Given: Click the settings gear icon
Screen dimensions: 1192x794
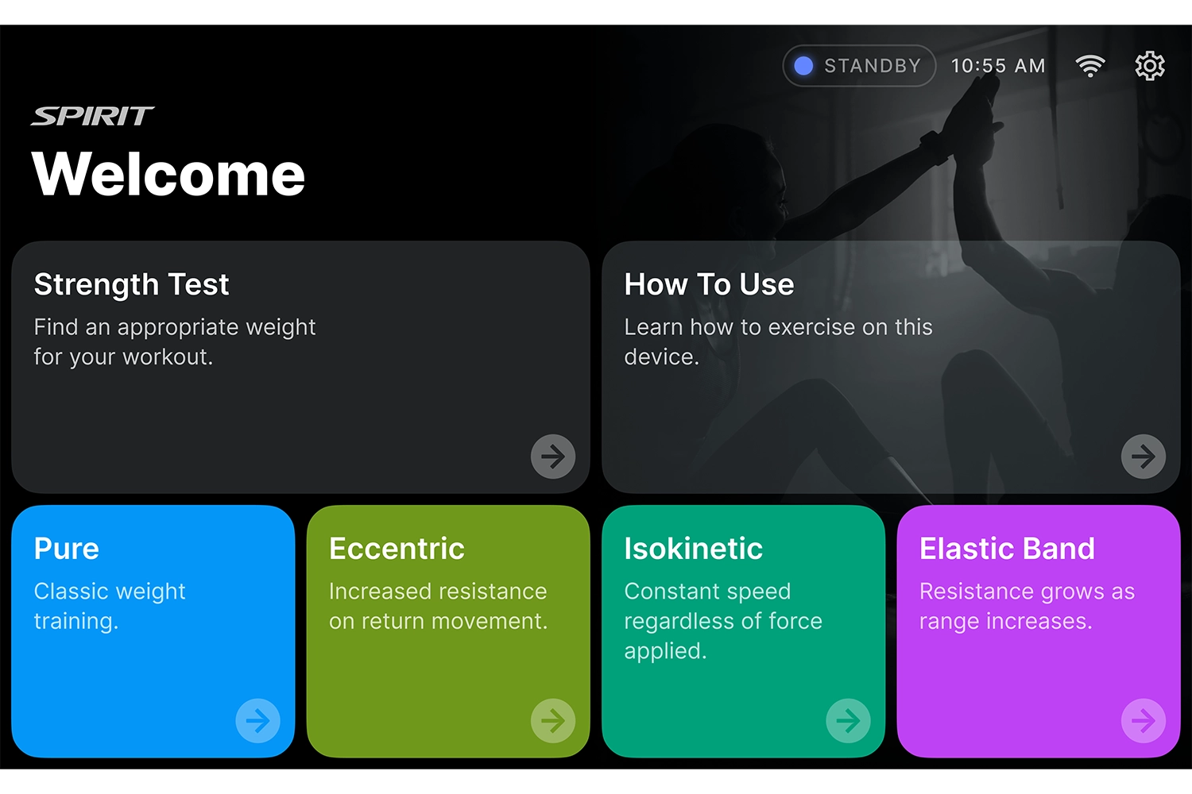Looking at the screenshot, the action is click(1149, 66).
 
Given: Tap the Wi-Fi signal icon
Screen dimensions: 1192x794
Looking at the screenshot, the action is click(1089, 66).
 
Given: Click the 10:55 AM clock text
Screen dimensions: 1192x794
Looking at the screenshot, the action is click(998, 66).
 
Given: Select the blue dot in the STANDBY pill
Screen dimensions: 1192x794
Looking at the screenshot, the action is click(803, 66).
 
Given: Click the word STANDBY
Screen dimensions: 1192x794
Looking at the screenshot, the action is click(873, 66).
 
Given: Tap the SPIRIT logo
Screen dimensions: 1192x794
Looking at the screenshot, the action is click(93, 116).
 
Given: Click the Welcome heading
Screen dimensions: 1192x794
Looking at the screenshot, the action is click(168, 174).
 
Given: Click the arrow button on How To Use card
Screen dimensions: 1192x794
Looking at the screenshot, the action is click(1143, 457).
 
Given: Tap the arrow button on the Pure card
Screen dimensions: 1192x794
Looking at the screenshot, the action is click(258, 721).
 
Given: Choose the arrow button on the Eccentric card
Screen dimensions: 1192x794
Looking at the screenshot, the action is click(553, 721).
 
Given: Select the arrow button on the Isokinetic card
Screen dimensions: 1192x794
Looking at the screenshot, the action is click(848, 721).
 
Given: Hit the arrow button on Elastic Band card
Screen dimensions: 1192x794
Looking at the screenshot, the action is click(1143, 721).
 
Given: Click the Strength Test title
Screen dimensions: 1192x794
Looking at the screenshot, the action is click(131, 284).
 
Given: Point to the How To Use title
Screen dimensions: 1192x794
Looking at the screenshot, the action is click(710, 284).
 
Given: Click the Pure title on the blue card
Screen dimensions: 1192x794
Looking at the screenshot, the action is click(67, 549).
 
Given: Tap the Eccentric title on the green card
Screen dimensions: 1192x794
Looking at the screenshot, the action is click(397, 549).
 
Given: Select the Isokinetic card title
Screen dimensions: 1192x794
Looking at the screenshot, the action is click(694, 549).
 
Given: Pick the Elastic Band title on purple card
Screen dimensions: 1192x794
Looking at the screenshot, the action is click(1007, 549).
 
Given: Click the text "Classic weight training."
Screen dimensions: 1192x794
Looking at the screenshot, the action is click(110, 607).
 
